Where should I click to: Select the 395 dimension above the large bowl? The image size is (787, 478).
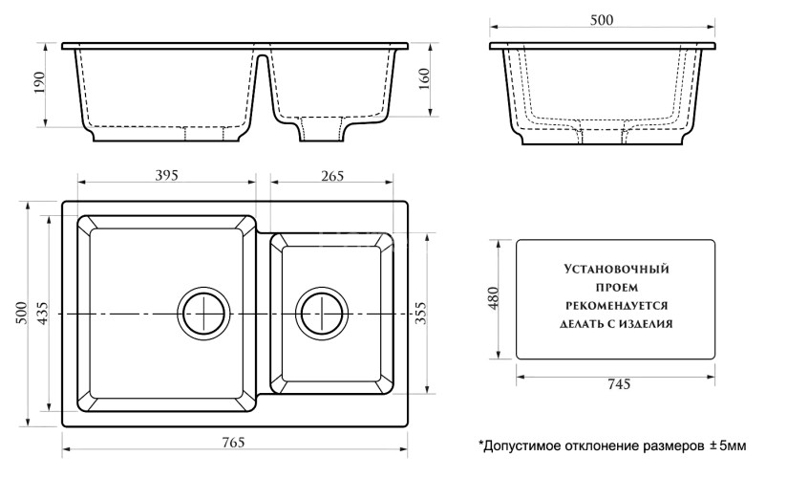(167, 175)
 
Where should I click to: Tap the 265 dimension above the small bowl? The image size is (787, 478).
(331, 175)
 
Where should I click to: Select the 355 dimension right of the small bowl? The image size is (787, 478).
(422, 314)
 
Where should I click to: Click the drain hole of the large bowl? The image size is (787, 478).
(203, 313)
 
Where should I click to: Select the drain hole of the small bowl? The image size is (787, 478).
(321, 313)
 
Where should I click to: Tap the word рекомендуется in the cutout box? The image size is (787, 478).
(616, 305)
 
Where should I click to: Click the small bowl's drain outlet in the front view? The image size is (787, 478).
(321, 129)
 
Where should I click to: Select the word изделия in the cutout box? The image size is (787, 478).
(645, 324)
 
